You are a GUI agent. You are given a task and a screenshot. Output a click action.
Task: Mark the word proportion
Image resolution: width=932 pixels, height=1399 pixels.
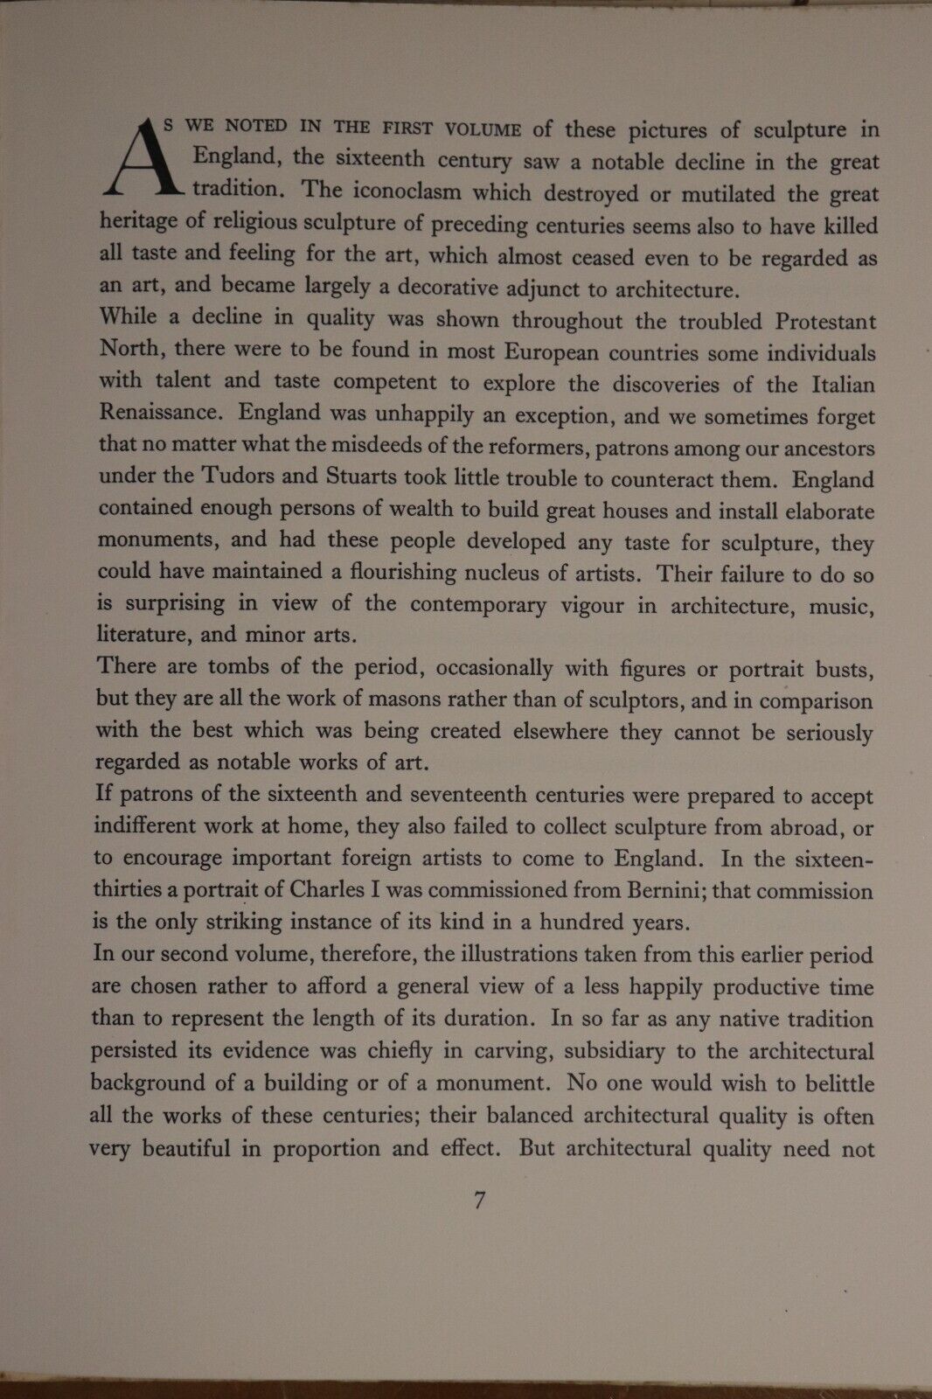click(x=323, y=1148)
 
